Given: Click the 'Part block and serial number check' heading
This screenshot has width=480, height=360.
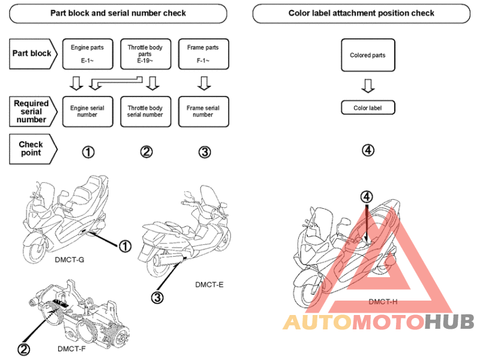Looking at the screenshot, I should (118, 13).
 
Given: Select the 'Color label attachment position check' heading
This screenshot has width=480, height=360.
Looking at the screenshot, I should (361, 13).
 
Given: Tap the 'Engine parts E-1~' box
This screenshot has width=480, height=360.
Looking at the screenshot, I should (87, 53).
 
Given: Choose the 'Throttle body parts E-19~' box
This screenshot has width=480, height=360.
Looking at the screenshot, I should (145, 53).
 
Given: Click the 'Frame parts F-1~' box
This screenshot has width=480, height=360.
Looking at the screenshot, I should (203, 53).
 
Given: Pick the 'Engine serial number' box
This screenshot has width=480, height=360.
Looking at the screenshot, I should (87, 112).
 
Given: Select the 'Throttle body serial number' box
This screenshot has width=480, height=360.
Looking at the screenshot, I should (145, 112).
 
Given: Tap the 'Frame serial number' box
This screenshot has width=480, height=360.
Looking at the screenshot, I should (203, 112).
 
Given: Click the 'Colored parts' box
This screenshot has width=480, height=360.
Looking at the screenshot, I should (367, 55).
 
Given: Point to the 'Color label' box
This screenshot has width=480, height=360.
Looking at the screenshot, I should (367, 108).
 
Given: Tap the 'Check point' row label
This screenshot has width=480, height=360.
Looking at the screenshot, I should (31, 149).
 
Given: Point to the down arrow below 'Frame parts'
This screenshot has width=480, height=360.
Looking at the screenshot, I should (203, 83).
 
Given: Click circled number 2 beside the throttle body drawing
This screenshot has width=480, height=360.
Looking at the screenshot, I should (24, 349).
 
